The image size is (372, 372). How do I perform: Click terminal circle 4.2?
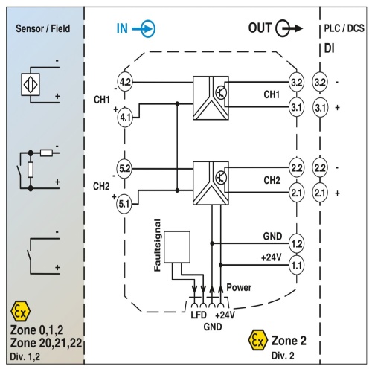(125, 82)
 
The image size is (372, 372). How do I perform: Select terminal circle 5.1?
(124, 204)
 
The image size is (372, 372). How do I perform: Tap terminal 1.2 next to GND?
(296, 243)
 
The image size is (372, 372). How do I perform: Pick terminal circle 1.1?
(296, 266)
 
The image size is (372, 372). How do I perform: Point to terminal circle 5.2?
(124, 169)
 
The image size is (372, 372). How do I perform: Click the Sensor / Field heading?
(43, 28)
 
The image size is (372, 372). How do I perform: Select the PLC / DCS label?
(344, 28)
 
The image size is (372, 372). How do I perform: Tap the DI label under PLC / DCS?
(329, 48)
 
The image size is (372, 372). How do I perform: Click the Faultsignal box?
(177, 247)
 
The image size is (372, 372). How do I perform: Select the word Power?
(239, 287)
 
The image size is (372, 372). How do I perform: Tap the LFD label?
(199, 315)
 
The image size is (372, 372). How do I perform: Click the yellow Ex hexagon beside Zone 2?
(258, 340)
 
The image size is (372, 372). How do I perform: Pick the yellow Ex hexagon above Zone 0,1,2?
(21, 311)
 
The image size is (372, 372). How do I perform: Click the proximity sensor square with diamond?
(31, 85)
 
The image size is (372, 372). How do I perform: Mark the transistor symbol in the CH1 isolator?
(220, 92)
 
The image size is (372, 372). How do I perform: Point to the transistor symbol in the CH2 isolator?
(220, 178)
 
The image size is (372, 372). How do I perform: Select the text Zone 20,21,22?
(46, 343)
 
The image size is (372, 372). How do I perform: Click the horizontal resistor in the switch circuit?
(46, 153)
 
